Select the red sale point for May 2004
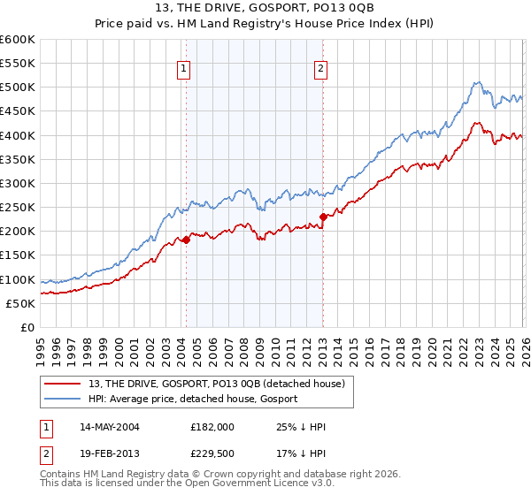[186, 240]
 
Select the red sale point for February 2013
[323, 217]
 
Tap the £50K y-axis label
[20, 303]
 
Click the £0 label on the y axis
[27, 327]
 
